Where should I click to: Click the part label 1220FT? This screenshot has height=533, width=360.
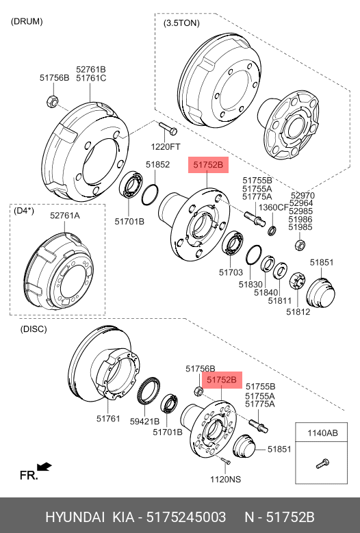166,147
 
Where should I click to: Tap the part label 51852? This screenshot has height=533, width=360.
157,164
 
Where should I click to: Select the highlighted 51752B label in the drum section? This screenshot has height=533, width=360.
208,165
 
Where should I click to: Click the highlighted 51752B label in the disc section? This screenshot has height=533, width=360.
222,380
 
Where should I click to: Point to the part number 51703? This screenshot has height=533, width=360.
231,272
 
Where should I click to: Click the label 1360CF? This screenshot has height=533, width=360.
274,207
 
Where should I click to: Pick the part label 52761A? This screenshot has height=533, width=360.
65,216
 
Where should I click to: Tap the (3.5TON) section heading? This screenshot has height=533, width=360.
181,23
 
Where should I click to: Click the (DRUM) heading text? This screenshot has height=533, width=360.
27,21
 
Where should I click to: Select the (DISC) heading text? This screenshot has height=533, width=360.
34,329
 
